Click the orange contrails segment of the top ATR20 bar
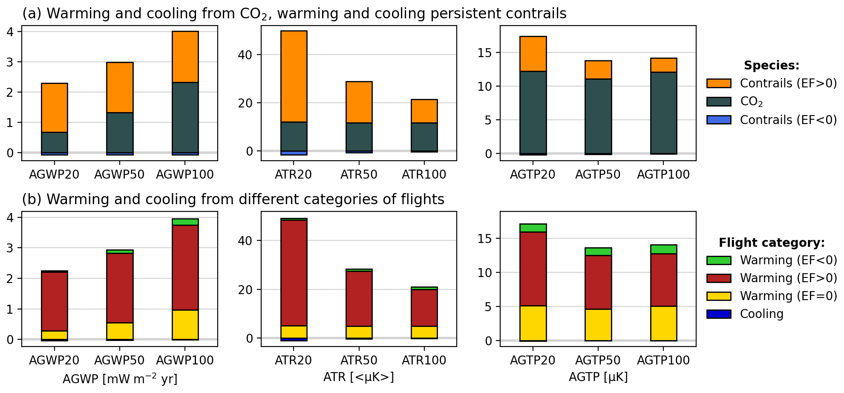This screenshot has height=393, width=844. click(x=294, y=77)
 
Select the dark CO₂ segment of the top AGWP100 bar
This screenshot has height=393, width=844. click(x=185, y=117)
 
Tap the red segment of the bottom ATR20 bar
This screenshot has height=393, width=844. click(x=294, y=273)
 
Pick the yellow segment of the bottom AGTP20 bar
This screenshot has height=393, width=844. click(x=533, y=323)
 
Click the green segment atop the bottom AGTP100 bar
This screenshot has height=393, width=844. click(x=663, y=249)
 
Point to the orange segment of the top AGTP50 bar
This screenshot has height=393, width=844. click(x=598, y=70)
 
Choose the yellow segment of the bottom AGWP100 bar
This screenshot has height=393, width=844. click(x=185, y=324)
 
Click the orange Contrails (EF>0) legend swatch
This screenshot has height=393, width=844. click(x=718, y=83)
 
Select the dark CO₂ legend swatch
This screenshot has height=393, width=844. click(x=718, y=101)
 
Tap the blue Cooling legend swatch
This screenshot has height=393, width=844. click(x=718, y=314)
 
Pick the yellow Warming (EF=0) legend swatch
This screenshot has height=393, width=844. click(x=718, y=296)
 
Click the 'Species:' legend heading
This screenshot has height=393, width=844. click(x=771, y=66)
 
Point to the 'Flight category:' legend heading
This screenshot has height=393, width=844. click(x=771, y=243)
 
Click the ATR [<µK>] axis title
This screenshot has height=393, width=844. click(x=358, y=377)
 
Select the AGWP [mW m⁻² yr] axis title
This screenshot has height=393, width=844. click(x=120, y=379)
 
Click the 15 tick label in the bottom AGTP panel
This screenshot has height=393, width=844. click(x=484, y=239)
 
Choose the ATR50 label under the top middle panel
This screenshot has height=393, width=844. click(x=358, y=175)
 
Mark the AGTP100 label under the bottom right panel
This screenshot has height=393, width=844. click(x=663, y=361)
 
